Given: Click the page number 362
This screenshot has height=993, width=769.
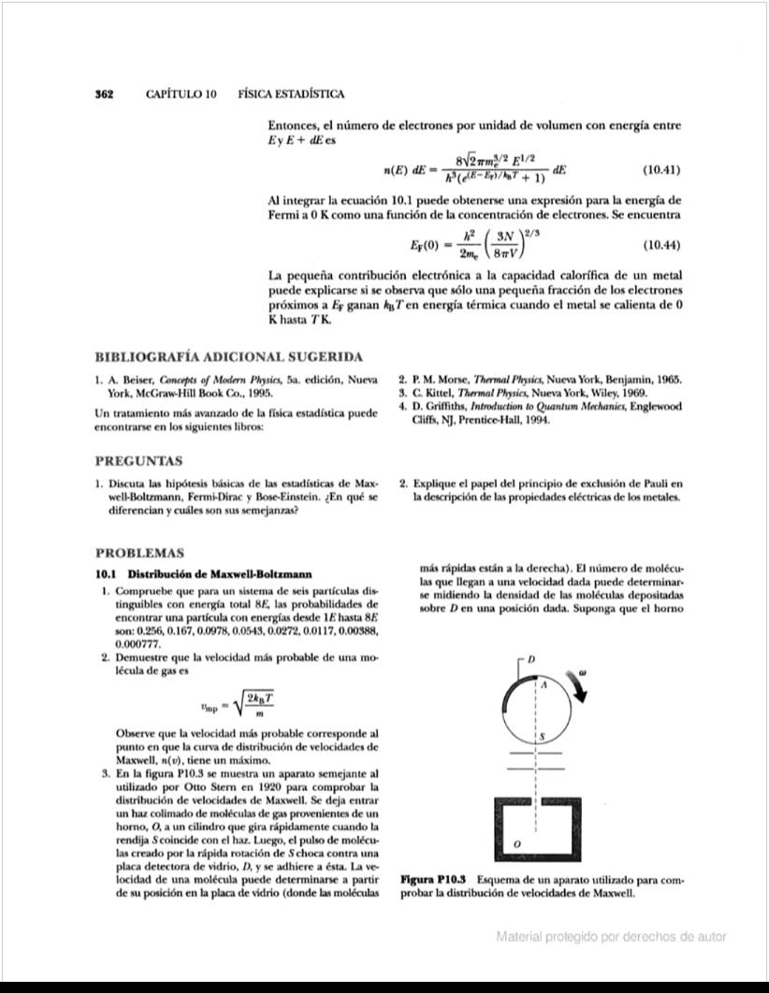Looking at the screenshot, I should pyautogui.click(x=105, y=94).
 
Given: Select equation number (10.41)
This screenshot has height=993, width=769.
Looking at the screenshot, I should pyautogui.click(x=660, y=170).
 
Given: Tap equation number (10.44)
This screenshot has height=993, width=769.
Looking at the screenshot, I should pyautogui.click(x=660, y=246).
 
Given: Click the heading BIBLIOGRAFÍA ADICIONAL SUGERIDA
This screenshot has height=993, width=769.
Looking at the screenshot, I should pyautogui.click(x=229, y=357).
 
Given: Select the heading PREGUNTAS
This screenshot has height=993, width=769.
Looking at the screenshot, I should pyautogui.click(x=139, y=461).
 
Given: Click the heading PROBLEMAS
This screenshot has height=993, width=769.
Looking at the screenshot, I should pyautogui.click(x=140, y=554).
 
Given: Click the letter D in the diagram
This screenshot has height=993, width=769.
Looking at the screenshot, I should pyautogui.click(x=531, y=661).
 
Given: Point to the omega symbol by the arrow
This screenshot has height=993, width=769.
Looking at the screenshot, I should pyautogui.click(x=582, y=671).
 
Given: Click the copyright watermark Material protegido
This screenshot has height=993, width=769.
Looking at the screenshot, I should pyautogui.click(x=611, y=936).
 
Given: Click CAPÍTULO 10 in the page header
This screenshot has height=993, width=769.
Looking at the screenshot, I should pyautogui.click(x=181, y=94).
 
